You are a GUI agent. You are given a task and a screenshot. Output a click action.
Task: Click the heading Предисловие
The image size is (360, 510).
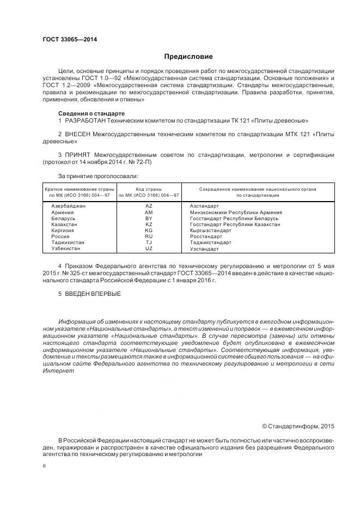pos(188,57)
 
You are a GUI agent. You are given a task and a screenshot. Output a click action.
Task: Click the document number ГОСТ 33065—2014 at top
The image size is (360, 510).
pos(66,40)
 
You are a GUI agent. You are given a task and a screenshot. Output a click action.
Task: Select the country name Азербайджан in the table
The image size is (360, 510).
pos(68,206)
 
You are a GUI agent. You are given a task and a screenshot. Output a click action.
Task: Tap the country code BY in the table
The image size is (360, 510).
pos(149,218)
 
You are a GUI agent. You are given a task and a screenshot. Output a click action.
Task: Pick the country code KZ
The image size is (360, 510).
pos(149,224)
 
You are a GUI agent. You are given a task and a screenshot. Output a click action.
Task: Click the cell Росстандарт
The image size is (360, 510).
pos(206,236)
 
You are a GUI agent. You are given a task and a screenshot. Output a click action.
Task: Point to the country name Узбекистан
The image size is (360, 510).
pos(65,248)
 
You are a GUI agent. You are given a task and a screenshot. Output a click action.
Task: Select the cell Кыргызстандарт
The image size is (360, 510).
pos(210,230)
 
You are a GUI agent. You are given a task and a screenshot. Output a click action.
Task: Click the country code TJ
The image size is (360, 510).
pos(149,242)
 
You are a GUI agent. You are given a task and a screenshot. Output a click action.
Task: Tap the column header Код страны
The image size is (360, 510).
pos(149,189)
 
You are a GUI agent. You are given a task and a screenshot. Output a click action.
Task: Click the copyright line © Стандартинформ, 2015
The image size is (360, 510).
pos(298,426)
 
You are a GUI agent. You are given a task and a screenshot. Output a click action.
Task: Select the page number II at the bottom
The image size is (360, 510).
pos(44,466)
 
